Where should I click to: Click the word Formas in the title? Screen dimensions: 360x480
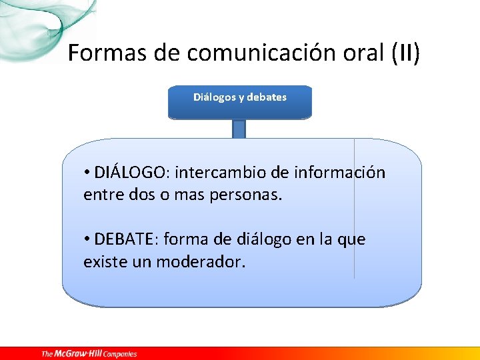(x=103, y=53)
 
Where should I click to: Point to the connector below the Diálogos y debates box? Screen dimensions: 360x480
(x=239, y=129)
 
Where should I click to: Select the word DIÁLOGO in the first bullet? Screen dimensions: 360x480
(x=132, y=173)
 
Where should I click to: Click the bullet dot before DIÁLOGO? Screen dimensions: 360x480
(x=87, y=173)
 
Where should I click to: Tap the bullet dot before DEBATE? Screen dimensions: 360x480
(x=87, y=239)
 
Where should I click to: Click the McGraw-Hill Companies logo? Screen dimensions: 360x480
(x=89, y=353)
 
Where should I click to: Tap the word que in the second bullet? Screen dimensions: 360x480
(x=352, y=239)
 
